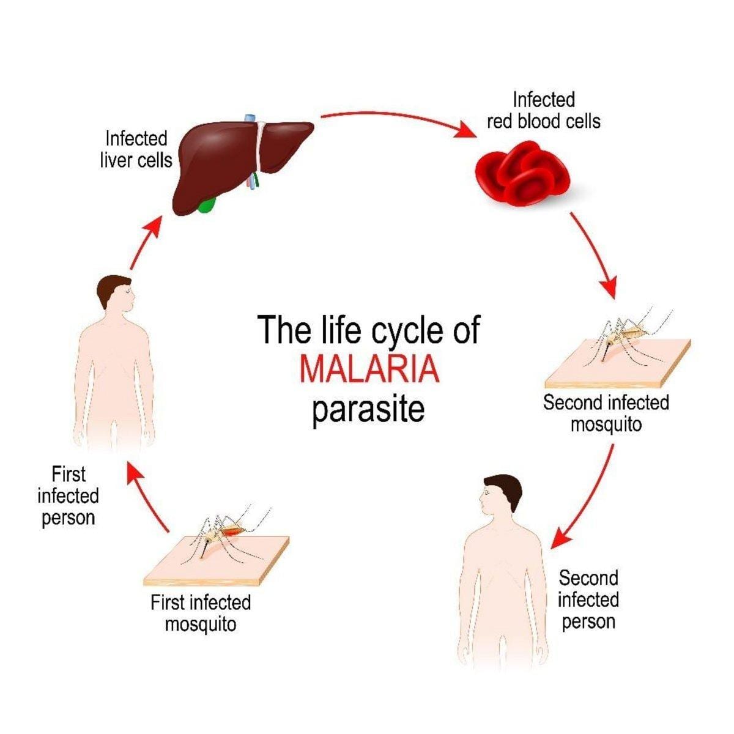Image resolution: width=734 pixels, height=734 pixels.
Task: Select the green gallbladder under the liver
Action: [x=207, y=205]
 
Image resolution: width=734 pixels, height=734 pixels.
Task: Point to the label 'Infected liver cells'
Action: [x=136, y=149]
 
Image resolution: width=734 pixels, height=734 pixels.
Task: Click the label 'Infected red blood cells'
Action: [x=543, y=110]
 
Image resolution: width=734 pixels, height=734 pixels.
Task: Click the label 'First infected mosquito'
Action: [x=201, y=614]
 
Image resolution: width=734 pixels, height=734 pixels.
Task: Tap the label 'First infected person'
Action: [x=67, y=495]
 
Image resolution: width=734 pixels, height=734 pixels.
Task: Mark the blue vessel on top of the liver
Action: [x=250, y=119]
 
